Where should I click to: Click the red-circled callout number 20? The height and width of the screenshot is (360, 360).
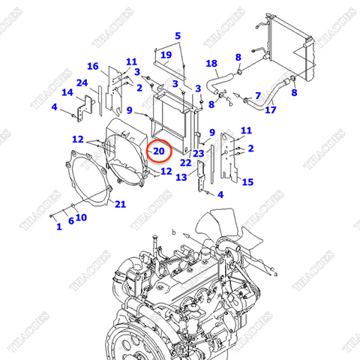(159, 151)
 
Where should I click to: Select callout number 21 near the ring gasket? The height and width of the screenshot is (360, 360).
(121, 204)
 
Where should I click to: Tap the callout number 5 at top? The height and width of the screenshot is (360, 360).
(178, 36)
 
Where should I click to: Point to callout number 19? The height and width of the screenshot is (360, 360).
(166, 55)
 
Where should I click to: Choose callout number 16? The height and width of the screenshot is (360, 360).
(93, 66)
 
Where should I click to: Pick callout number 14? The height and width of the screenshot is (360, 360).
(67, 93)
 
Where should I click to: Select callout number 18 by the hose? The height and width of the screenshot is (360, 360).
(211, 64)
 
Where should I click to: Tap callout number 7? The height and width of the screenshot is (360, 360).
(257, 95)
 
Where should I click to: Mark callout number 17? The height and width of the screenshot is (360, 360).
(271, 110)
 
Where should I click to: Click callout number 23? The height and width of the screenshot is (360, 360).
(199, 153)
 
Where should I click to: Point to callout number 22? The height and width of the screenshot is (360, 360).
(185, 163)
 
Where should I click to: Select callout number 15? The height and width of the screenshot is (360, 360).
(247, 181)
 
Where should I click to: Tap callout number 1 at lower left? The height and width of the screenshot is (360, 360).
(58, 226)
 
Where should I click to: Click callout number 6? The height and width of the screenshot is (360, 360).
(71, 220)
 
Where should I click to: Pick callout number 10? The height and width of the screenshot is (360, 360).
(81, 217)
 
